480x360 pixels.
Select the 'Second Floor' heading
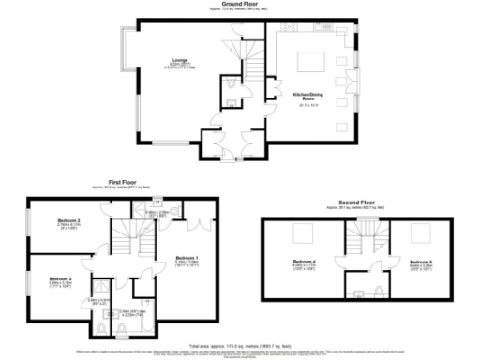coord(358,200)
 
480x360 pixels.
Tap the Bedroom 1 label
coord(187,257)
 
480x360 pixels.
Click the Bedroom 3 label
coord(60,278)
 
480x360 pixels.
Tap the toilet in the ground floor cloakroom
coord(231,90)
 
